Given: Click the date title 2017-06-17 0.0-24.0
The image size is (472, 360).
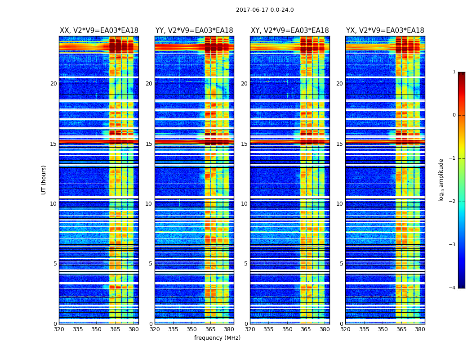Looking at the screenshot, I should click(265, 10).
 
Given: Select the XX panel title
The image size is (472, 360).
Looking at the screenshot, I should click(99, 31).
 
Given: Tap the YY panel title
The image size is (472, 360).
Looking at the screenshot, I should click(194, 31).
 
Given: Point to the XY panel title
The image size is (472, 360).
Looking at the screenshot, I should click(289, 31).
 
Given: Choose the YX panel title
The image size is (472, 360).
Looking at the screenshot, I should click(385, 31).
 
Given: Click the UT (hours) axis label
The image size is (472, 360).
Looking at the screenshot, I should click(44, 180).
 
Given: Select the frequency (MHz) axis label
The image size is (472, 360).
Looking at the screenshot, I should click(217, 338).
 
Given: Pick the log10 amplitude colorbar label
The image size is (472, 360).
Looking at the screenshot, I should click(441, 180).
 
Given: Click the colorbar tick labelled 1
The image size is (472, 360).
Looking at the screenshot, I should click(454, 72).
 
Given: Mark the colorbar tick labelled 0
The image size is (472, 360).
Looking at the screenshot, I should click(454, 115).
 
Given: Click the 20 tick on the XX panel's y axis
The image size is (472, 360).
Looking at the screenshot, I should click(53, 84).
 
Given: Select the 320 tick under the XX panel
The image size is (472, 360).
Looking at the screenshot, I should click(59, 329).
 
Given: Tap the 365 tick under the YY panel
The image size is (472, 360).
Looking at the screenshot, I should click(210, 329).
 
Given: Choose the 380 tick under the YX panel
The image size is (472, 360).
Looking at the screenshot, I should click(420, 329).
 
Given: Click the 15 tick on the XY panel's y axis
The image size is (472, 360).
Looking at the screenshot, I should click(245, 144).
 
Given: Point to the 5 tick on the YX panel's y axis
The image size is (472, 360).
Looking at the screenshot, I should click(342, 264).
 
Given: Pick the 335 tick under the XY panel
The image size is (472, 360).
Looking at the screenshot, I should click(269, 329).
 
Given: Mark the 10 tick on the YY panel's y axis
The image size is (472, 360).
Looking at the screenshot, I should click(149, 204).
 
